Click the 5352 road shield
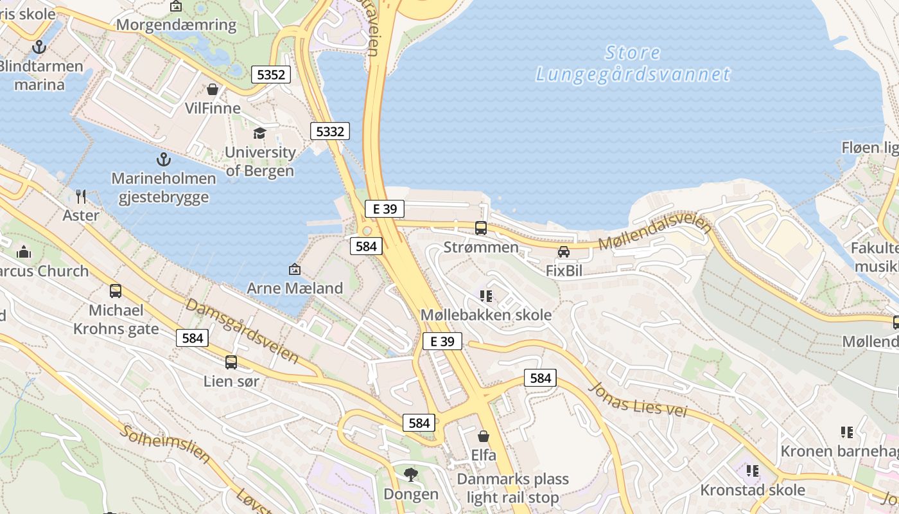270,75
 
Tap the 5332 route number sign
330,132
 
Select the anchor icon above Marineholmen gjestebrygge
164,159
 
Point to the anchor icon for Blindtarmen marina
40,47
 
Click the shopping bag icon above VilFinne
213,89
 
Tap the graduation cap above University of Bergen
259,133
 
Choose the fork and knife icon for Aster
81,196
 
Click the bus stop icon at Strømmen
481,228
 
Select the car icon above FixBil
564,252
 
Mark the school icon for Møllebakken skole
485,296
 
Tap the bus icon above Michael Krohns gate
116,291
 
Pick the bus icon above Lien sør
231,362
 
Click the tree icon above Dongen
411,475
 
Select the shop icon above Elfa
484,436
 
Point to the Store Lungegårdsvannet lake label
633,63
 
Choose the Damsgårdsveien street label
242,330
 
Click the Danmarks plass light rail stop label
512,488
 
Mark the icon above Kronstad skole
753,471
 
